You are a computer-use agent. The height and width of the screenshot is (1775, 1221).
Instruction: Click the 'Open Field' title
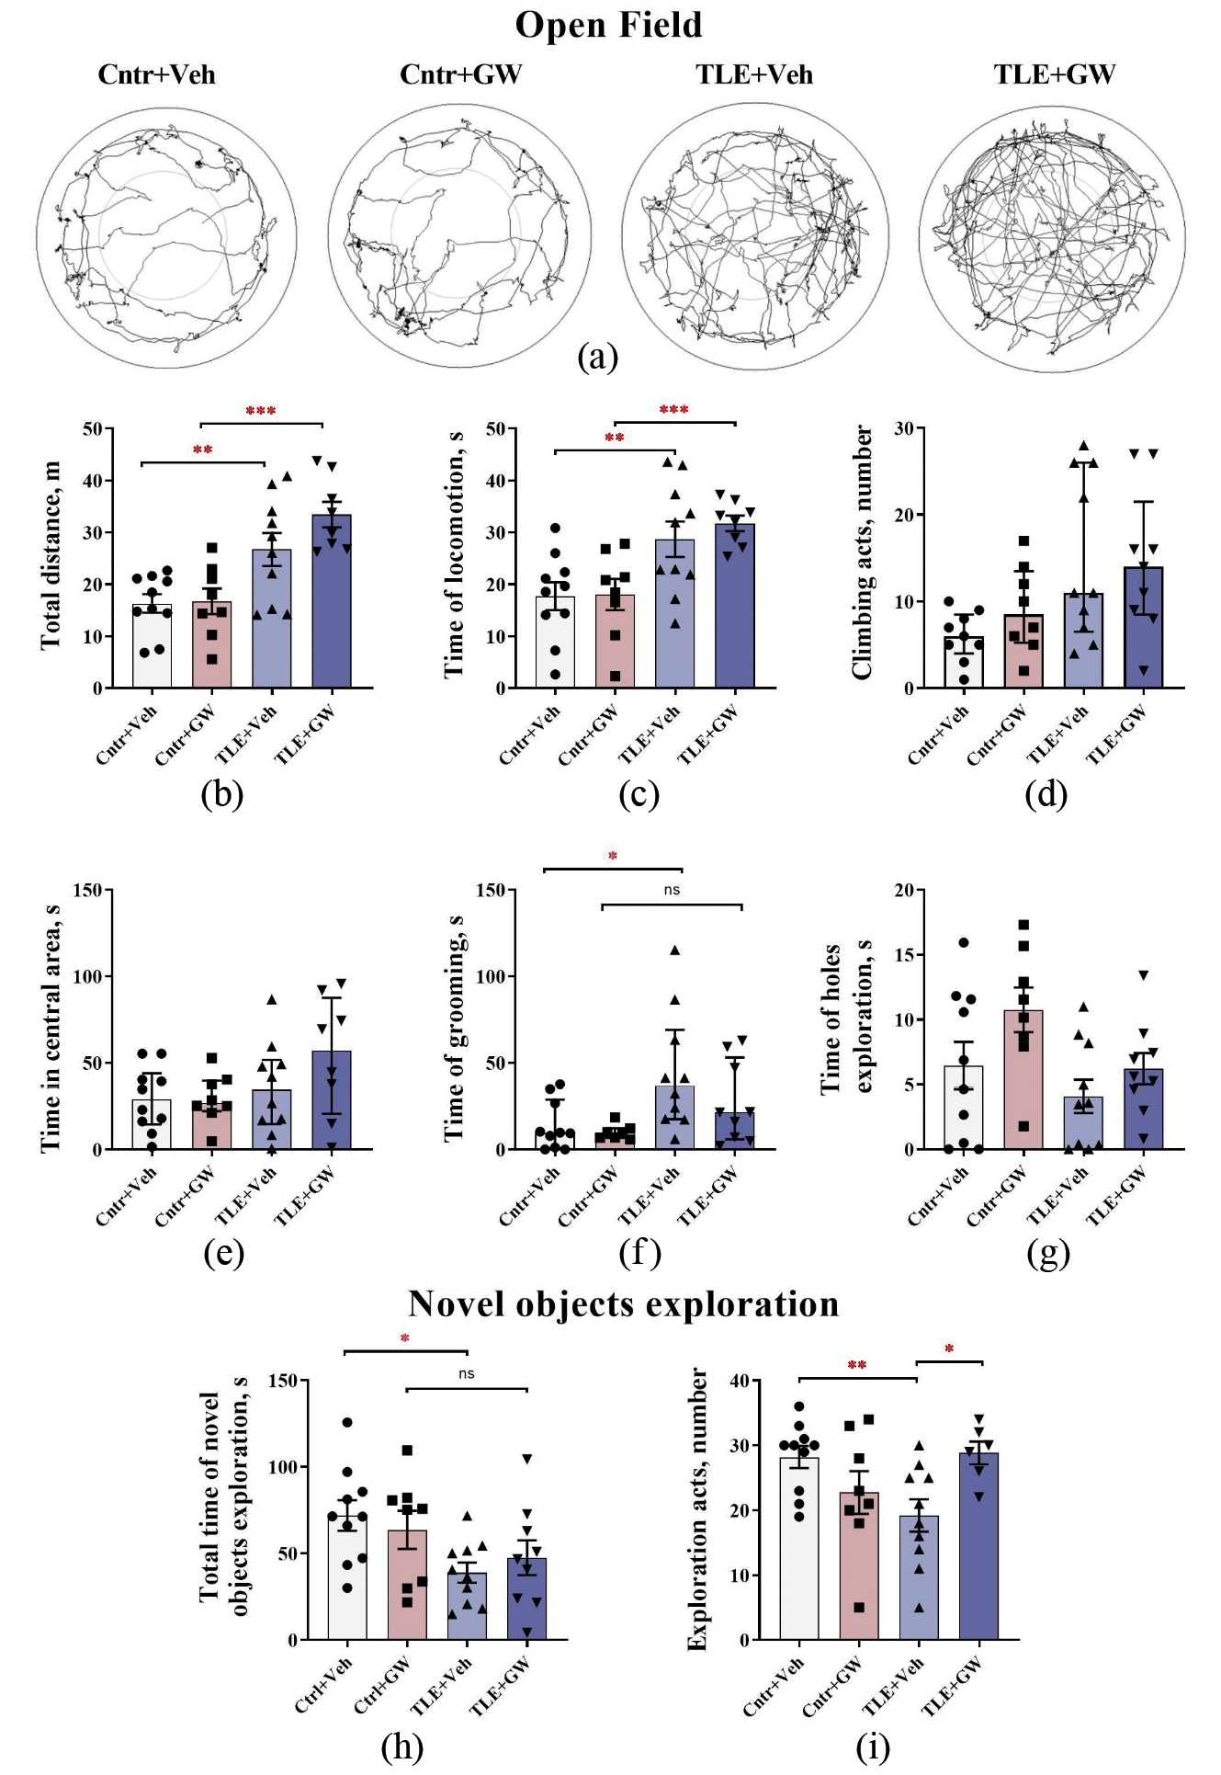608,25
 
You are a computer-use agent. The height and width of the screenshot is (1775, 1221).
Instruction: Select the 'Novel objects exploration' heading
623,1304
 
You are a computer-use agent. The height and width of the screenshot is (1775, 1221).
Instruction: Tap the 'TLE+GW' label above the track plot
1054,74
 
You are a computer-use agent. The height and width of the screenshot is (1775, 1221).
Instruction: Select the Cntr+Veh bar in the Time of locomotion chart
555,643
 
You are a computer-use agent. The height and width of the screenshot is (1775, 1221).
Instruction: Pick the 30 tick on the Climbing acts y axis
904,429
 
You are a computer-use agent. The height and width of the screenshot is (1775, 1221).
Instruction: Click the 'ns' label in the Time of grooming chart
672,890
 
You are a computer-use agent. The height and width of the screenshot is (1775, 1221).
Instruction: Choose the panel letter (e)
223,1252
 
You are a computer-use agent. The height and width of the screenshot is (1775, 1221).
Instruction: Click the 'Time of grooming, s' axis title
454,1028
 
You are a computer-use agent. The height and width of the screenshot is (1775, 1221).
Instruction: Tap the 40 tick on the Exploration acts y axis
740,1381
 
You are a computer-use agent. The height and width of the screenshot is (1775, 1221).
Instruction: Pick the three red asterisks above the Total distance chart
261,411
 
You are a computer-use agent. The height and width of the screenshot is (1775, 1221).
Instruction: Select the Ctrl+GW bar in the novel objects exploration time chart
407,1585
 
